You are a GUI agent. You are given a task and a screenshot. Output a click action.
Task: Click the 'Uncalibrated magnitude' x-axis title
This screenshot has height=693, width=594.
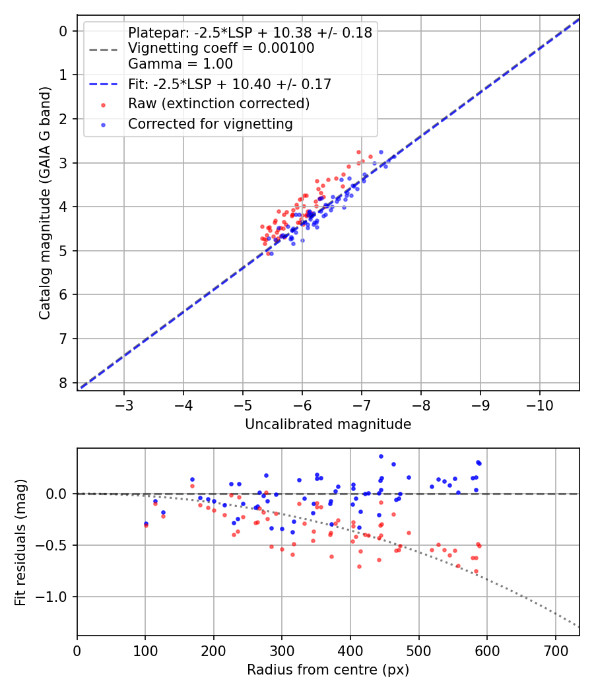pos(328,424)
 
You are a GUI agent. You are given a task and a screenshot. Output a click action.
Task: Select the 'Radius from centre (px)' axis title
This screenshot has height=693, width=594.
pos(328,670)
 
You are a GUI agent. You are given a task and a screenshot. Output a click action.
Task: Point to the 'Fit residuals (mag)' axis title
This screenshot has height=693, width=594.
pos(20,542)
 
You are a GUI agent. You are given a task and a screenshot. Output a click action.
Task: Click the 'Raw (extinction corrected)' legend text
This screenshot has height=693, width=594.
pos(218,104)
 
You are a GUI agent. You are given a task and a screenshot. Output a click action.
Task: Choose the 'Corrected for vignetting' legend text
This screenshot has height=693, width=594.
pos(211,123)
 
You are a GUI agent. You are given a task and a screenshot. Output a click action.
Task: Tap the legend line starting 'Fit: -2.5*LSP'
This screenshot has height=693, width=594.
pos(229,84)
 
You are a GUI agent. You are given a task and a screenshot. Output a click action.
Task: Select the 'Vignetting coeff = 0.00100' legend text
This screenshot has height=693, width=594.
pos(221,48)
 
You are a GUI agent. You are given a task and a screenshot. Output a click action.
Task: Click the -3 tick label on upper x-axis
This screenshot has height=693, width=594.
pos(124,404)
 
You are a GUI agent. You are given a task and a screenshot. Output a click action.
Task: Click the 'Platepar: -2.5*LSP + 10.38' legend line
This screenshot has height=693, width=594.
pos(249,32)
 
